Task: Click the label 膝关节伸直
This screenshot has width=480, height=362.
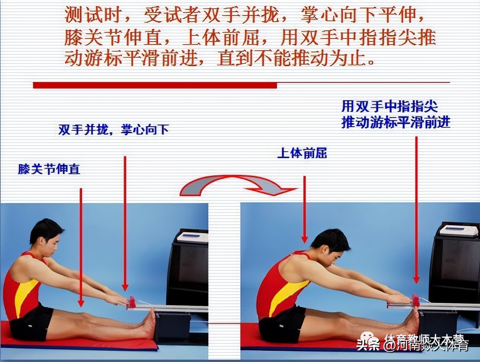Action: (x=49, y=169)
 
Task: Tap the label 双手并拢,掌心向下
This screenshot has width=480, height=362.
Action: (x=113, y=130)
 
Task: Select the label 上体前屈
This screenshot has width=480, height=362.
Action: (x=302, y=153)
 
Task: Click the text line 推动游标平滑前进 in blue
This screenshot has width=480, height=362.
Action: (x=396, y=122)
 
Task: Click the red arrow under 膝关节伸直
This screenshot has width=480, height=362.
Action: (x=81, y=247)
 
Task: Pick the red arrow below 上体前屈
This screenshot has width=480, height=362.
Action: (x=304, y=209)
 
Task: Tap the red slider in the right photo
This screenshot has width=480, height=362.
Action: (x=416, y=300)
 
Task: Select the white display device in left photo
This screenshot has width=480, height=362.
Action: (x=192, y=237)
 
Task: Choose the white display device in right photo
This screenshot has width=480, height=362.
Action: (x=458, y=230)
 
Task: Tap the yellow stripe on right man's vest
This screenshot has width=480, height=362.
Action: (x=287, y=297)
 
